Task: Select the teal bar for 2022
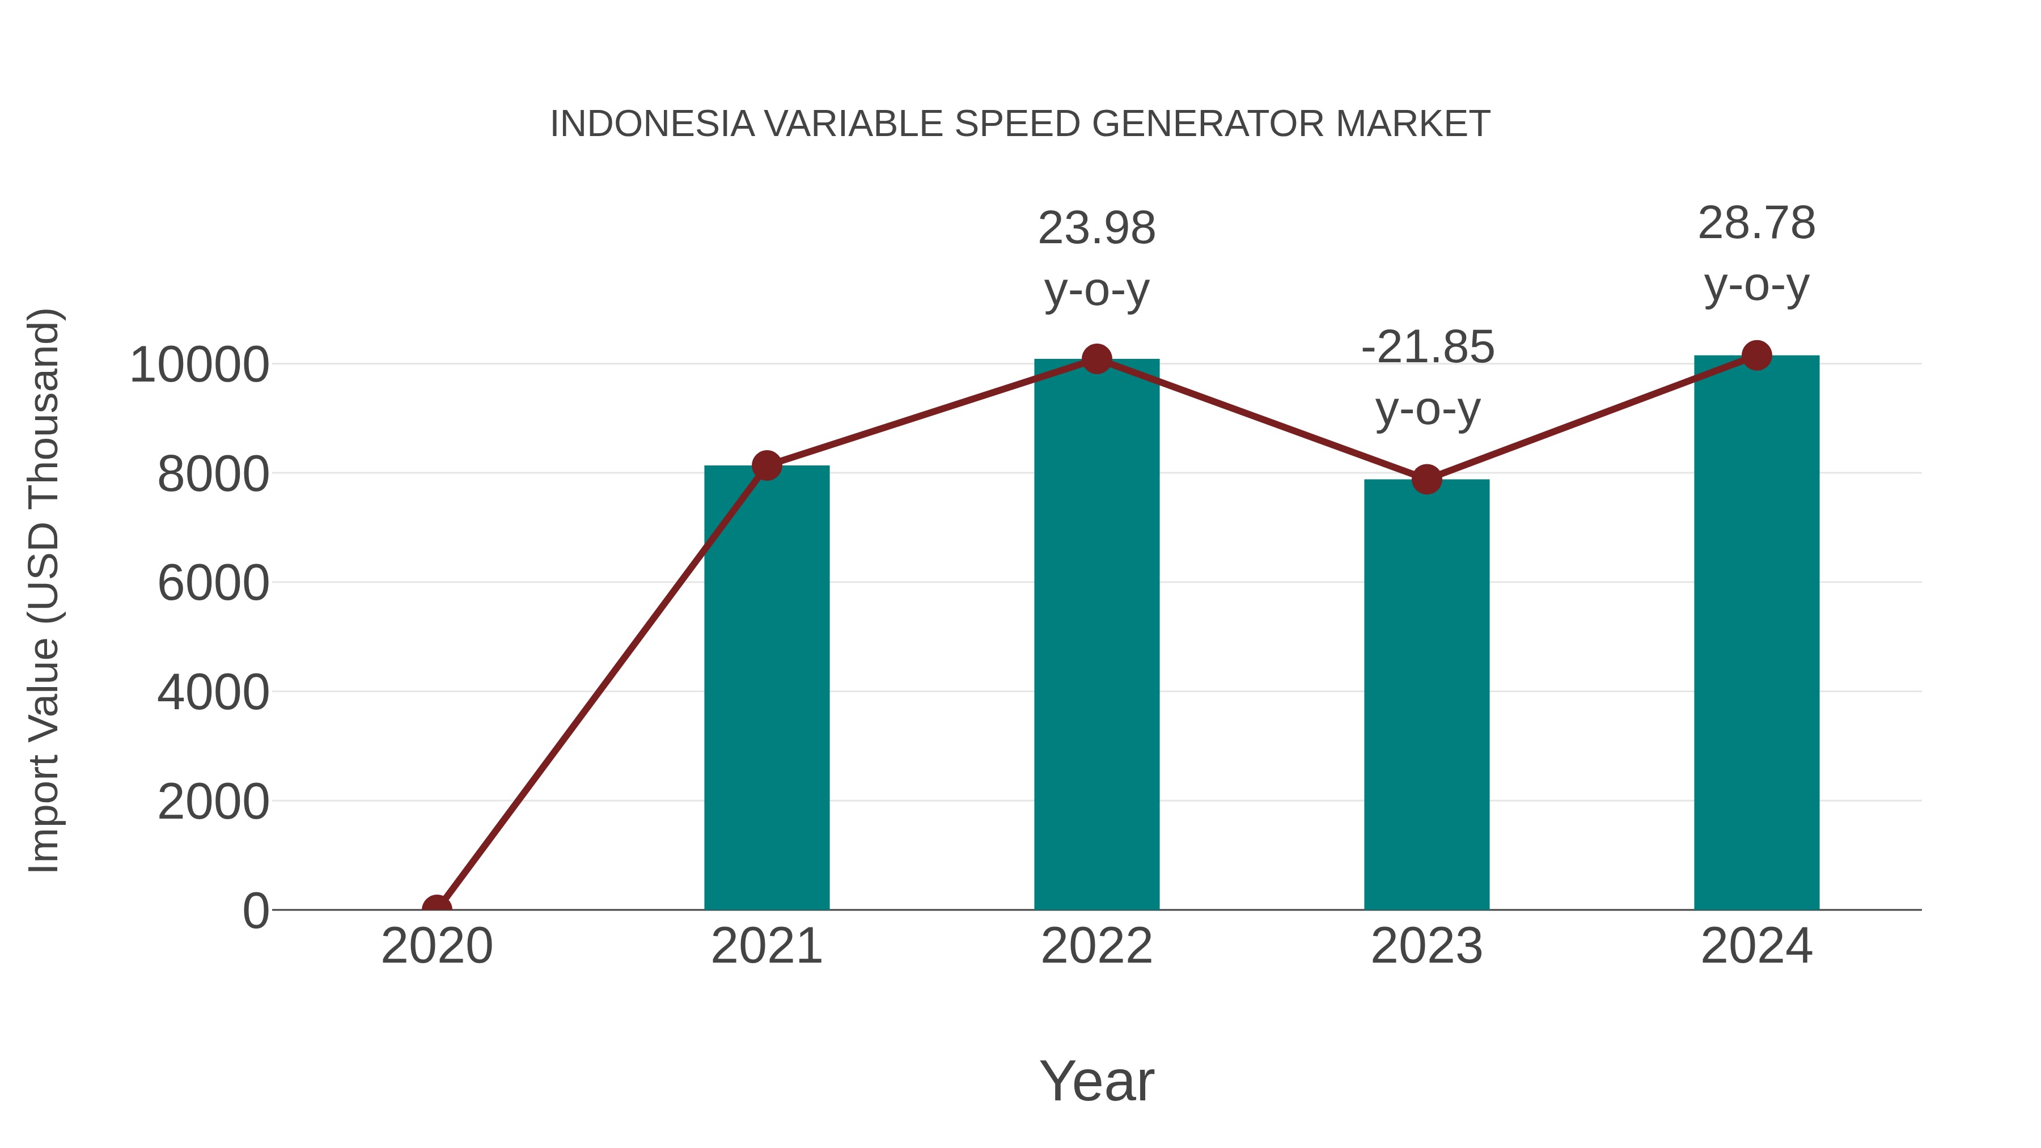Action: (1096, 634)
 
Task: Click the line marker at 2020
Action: (437, 908)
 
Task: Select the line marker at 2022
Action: (1096, 359)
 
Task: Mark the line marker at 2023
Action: (1426, 479)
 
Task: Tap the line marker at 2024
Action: (1756, 355)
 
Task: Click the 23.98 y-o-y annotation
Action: (1096, 259)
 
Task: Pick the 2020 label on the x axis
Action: (437, 946)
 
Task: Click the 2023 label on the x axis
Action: (1426, 946)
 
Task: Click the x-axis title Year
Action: (1096, 1081)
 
